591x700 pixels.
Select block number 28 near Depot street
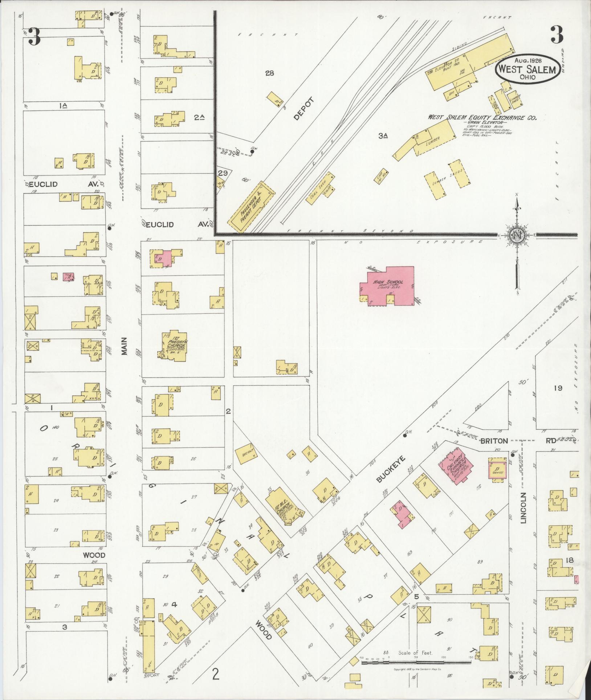pos(269,73)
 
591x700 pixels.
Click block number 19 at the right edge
pos(558,388)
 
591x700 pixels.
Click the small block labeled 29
pos(223,173)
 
